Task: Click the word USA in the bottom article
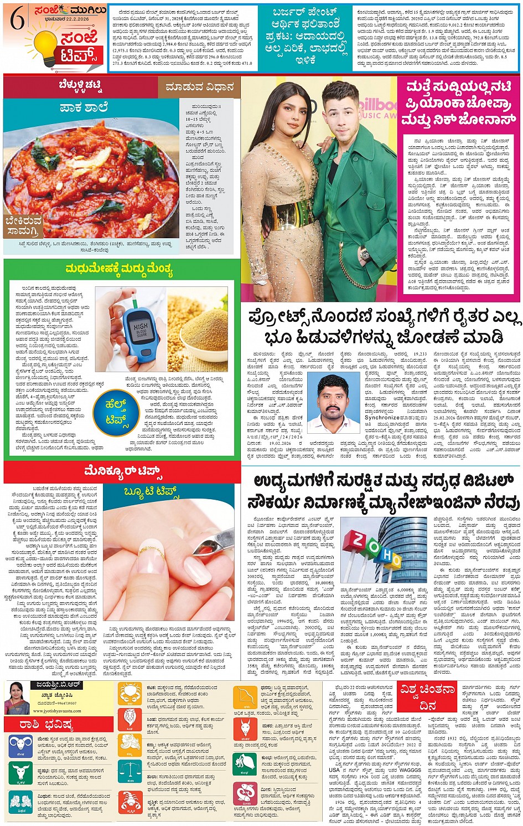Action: click(334, 769)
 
